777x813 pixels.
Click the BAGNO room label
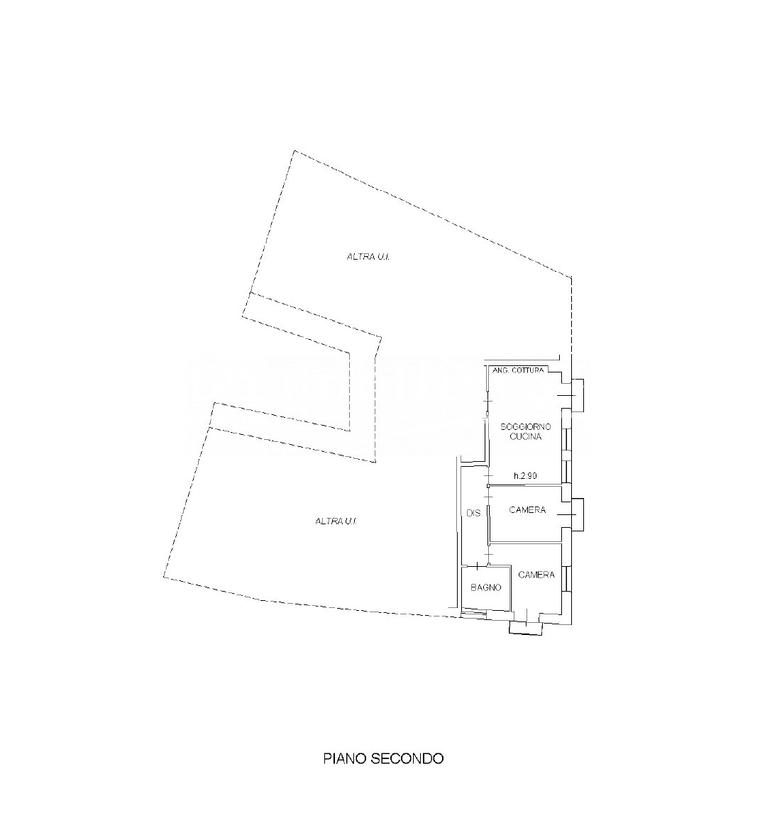click(x=486, y=587)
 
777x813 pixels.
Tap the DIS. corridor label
click(x=474, y=514)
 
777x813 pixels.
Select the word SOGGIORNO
click(x=525, y=427)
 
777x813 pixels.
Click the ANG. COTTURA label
click(x=518, y=370)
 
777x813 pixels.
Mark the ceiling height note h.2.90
click(x=525, y=475)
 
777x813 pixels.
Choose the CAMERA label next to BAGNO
click(x=536, y=575)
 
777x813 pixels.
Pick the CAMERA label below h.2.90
click(x=527, y=509)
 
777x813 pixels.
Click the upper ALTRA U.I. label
click(x=368, y=256)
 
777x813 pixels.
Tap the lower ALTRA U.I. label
click(x=336, y=521)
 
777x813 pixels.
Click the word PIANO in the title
click(x=346, y=758)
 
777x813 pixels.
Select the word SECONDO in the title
click(x=408, y=758)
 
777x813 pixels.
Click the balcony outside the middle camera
click(x=578, y=514)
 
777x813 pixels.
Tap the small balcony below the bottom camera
click(x=525, y=628)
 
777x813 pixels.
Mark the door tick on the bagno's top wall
click(x=476, y=565)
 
